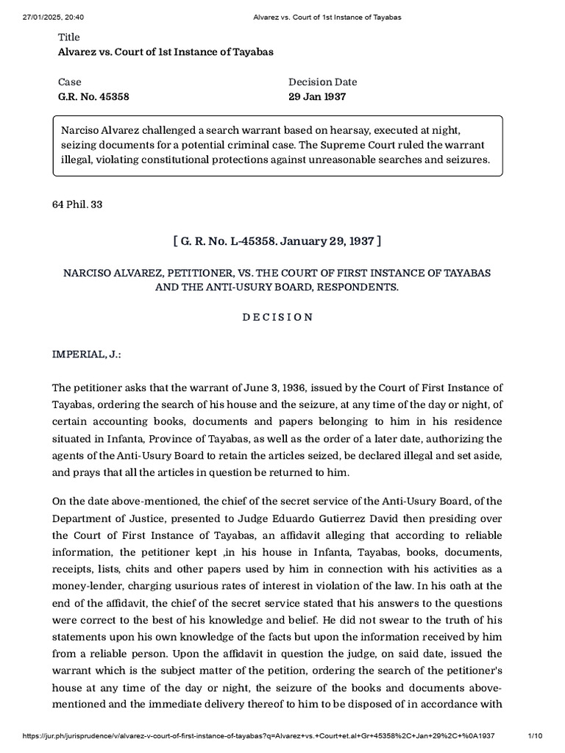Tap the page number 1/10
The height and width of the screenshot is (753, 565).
[534, 736]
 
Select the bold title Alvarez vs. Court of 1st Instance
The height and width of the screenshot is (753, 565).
[155, 51]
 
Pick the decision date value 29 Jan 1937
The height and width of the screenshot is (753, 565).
[317, 96]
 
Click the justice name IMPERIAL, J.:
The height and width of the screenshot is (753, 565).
[86, 354]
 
